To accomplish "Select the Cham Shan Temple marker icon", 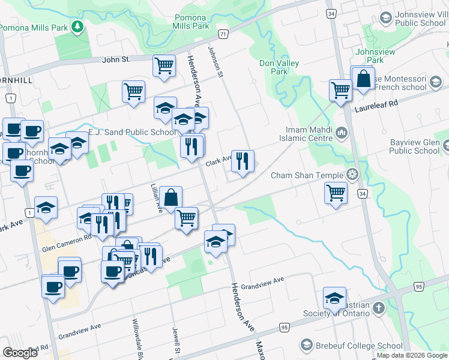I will pos(352,175).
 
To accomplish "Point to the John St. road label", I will pos(116,59).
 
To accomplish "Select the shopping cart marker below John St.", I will pos(163,65).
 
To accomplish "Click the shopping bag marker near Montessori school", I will pos(363,79).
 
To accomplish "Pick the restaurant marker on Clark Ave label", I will pos(242,160).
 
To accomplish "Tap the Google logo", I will pos(20,353).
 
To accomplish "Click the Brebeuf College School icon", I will pos(307,345).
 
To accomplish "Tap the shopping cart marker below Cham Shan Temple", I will pos(336,193).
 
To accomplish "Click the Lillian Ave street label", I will pos(155,199).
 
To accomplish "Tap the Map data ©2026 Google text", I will pos(412,355).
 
